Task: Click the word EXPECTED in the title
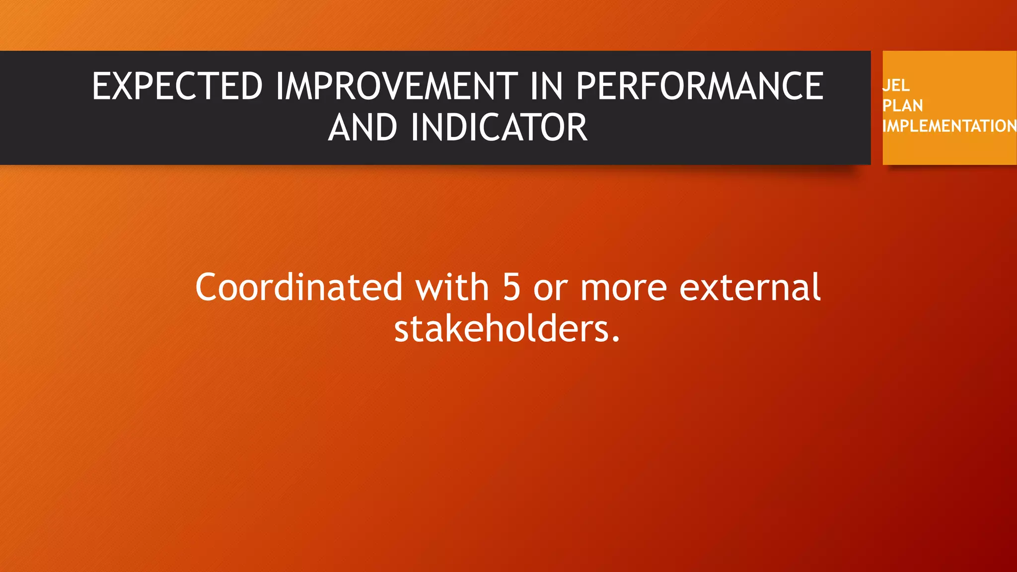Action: coord(177,86)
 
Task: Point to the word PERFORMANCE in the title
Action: coord(699,86)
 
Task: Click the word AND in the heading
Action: coord(363,128)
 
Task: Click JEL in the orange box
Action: coord(896,85)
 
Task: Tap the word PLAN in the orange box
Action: coord(902,106)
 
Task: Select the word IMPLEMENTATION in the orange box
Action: coord(948,126)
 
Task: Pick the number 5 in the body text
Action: coord(511,288)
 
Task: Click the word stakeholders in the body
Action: coord(500,329)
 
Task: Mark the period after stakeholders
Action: coord(616,341)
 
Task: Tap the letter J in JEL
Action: coord(885,85)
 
